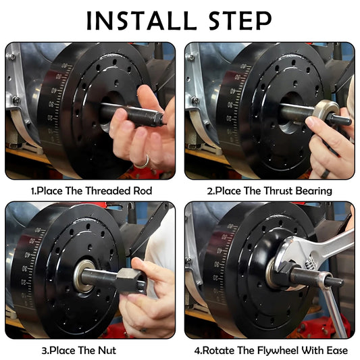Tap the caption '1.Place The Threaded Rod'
click(x=91, y=190)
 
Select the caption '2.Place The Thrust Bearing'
click(x=269, y=190)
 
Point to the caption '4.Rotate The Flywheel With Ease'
click(x=269, y=350)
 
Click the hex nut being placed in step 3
click(x=129, y=279)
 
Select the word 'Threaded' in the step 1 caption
click(x=107, y=190)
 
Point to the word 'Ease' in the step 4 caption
click(x=335, y=350)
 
